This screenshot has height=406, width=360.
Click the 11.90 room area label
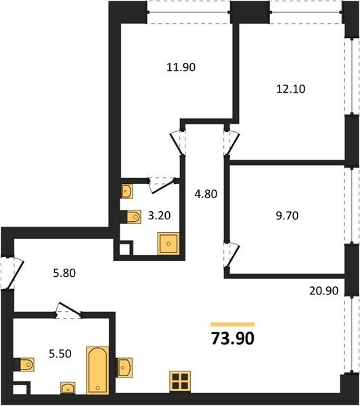(x=181, y=67)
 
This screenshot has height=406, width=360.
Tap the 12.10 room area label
(x=291, y=89)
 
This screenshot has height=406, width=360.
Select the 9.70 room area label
(x=287, y=215)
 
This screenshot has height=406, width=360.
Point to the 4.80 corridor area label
(x=206, y=194)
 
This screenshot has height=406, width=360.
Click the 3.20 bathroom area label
(x=159, y=215)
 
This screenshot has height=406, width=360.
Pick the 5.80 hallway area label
(x=64, y=273)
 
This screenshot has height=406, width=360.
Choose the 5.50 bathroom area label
(x=60, y=354)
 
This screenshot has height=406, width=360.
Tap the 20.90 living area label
(x=323, y=291)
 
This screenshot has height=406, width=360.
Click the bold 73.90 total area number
(x=233, y=339)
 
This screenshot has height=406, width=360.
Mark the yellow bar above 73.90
(x=233, y=324)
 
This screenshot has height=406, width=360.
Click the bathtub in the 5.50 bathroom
(x=97, y=370)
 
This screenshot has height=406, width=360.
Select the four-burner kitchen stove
(x=180, y=382)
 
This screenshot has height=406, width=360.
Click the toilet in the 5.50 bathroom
(x=24, y=365)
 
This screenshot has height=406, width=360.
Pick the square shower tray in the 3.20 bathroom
(x=168, y=244)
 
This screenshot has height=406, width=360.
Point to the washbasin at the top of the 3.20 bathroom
(x=127, y=191)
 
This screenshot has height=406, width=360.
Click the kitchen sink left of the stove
(x=125, y=367)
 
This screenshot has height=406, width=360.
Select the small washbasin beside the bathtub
(x=68, y=388)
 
